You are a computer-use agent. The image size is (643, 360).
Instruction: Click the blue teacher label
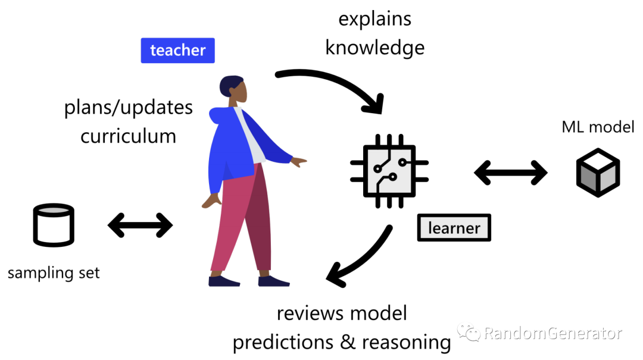pyautogui.click(x=177, y=51)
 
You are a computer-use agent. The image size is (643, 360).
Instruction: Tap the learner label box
pyautogui.click(x=454, y=228)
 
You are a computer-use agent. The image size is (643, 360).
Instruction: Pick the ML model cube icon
pyautogui.click(x=598, y=173)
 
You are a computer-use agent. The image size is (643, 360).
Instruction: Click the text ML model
pyautogui.click(x=598, y=126)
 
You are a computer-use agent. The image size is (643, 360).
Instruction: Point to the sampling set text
pyautogui.click(x=54, y=273)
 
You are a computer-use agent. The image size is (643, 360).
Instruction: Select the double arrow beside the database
pyautogui.click(x=140, y=225)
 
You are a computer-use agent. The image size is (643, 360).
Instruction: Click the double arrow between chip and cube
pyautogui.click(x=510, y=173)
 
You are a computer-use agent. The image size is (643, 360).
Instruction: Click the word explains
pyautogui.click(x=374, y=19)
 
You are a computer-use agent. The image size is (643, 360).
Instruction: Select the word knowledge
pyautogui.click(x=374, y=48)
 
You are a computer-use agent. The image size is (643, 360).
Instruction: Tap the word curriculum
pyautogui.click(x=128, y=136)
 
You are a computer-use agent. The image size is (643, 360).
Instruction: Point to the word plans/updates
pyautogui.click(x=128, y=108)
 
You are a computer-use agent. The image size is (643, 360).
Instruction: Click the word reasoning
pyautogui.click(x=407, y=342)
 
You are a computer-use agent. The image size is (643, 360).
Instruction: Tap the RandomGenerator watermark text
pyautogui.click(x=553, y=333)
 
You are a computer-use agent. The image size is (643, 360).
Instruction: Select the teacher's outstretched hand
pyautogui.click(x=299, y=161)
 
